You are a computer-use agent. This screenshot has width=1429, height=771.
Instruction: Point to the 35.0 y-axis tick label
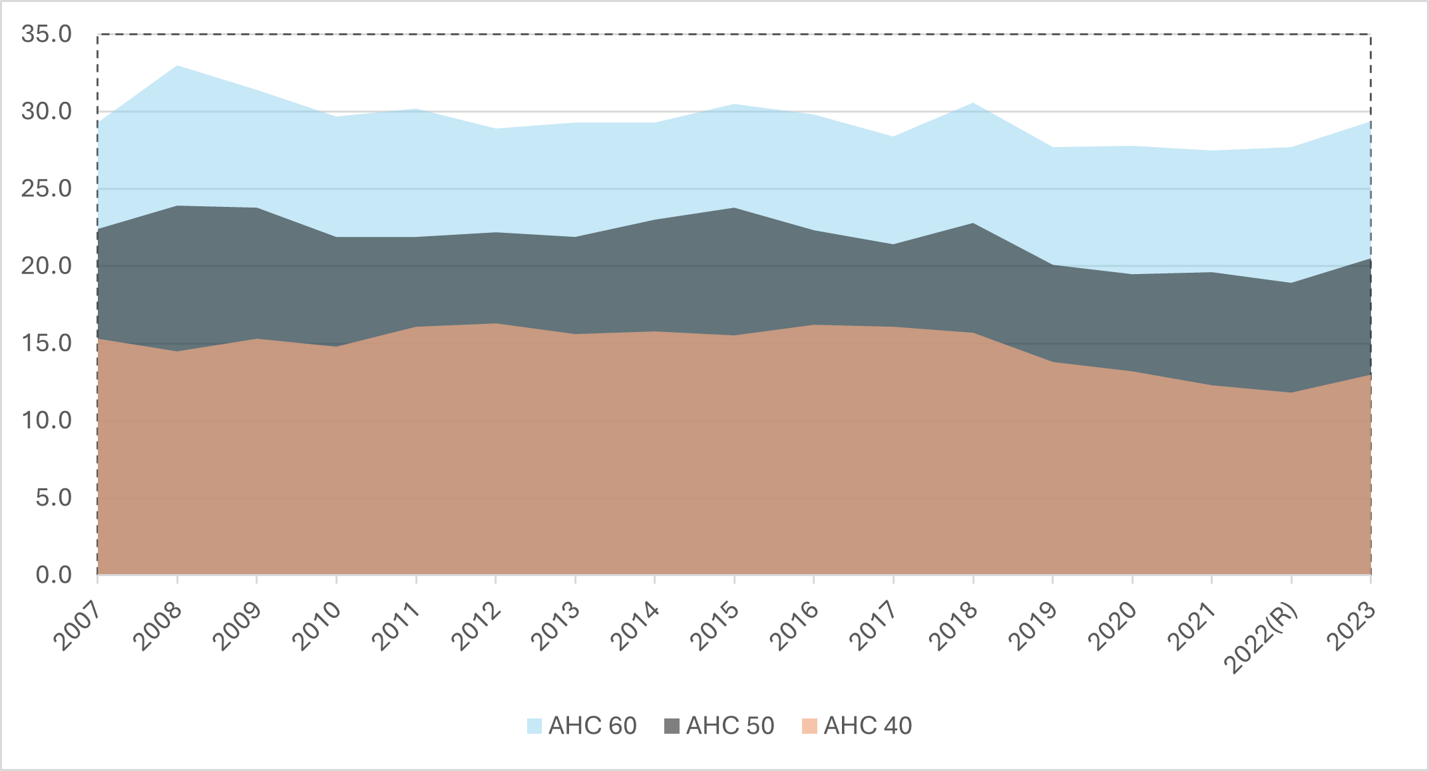(x=47, y=34)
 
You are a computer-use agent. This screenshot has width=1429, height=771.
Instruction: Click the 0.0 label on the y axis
(x=54, y=575)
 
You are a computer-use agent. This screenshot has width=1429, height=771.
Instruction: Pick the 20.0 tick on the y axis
(x=47, y=266)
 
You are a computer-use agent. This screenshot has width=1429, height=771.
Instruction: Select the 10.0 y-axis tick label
(x=47, y=420)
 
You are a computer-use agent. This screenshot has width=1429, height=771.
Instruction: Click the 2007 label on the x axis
(x=77, y=626)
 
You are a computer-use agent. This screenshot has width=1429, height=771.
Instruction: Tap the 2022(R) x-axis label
(x=1262, y=637)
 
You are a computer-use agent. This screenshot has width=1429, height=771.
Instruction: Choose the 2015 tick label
(x=714, y=626)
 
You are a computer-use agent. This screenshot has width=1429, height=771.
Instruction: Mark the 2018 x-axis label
(x=953, y=626)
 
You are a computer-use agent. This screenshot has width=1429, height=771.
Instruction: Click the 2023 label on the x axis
(x=1351, y=626)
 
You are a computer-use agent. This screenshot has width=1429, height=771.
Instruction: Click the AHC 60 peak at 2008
(x=177, y=66)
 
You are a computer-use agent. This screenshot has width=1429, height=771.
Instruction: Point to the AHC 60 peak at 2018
(x=973, y=103)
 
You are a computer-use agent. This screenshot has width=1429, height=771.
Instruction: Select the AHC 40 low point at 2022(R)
(x=1291, y=392)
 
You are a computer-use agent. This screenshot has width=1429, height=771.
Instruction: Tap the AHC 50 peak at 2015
(x=734, y=208)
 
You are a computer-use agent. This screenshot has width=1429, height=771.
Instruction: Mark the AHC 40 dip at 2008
(x=177, y=351)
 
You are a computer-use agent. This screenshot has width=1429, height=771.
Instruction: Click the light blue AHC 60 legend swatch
(x=534, y=726)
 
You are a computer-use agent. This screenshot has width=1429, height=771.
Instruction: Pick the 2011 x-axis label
(x=396, y=626)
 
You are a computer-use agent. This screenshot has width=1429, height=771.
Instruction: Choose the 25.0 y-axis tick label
(x=47, y=189)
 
